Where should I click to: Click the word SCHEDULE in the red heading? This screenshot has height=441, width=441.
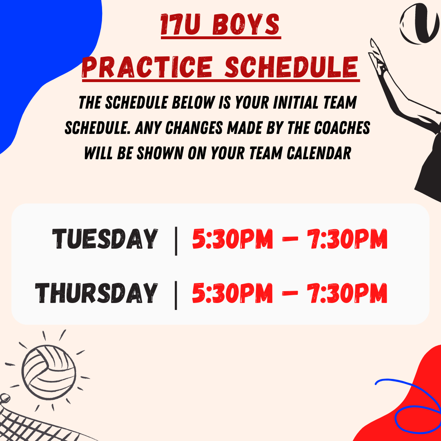[x=292, y=67]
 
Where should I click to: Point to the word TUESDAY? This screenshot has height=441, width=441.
[x=105, y=239]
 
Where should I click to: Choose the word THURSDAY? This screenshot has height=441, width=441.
[x=96, y=293]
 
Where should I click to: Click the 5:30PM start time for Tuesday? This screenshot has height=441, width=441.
[x=233, y=239]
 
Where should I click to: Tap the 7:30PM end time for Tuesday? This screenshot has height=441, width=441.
[x=347, y=239]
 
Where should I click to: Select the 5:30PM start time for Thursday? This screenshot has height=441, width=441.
[x=233, y=293]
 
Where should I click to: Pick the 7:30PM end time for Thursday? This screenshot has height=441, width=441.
[x=347, y=293]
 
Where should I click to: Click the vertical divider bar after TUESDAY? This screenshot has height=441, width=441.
[x=176, y=241]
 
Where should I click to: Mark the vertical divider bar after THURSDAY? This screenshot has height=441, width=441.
[x=176, y=295]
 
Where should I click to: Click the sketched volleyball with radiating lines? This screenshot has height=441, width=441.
[x=49, y=372]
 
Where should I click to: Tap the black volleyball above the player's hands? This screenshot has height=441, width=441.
[x=420, y=24]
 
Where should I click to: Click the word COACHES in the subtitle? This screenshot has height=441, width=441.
[x=342, y=128]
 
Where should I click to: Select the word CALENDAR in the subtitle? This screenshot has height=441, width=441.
[x=319, y=153]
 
